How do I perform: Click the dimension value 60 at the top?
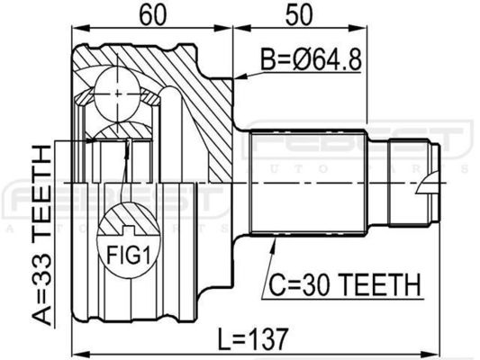tap(153, 14)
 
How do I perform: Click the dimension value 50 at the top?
tap(299, 14)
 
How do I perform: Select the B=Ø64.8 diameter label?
tap(311, 59)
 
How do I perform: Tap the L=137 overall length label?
tap(253, 339)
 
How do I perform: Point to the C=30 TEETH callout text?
tap(345, 284)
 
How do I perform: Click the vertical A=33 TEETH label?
tap(42, 235)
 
